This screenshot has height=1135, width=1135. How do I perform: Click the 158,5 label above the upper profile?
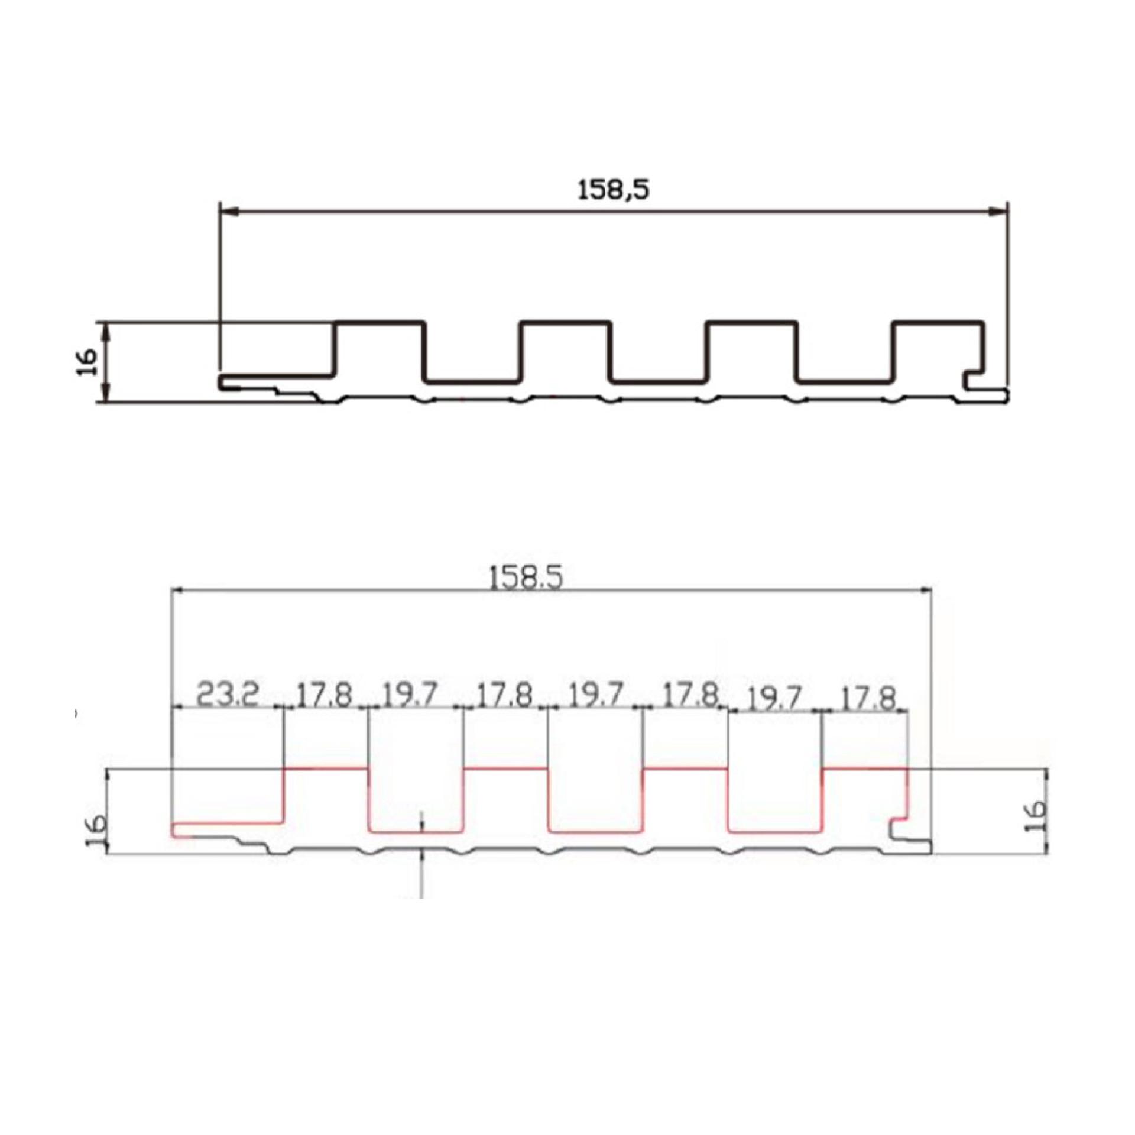[613, 190]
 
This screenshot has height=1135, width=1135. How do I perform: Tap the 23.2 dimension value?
[227, 695]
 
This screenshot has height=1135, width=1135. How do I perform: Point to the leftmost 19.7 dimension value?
[410, 695]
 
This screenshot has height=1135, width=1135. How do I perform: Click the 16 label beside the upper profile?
[86, 362]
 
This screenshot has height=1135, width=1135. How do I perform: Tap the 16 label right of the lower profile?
[1037, 816]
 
